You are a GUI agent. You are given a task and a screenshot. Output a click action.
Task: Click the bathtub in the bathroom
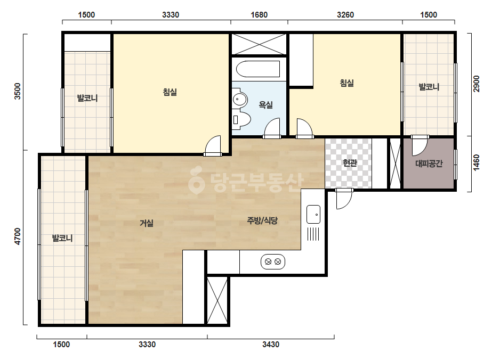point(257,69)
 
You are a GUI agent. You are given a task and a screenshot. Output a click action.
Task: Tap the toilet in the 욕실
point(241,120)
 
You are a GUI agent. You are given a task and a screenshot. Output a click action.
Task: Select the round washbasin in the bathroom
point(240,99)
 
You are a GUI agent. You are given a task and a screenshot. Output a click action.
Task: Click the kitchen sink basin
point(313,214)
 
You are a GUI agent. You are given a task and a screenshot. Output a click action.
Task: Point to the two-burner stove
point(273,261)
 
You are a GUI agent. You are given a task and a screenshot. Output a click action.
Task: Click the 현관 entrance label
point(350,163)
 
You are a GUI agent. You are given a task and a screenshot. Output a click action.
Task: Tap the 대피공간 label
point(429,163)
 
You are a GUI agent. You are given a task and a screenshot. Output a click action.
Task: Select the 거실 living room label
point(147,223)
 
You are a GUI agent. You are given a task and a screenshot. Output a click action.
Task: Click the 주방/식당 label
point(262,221)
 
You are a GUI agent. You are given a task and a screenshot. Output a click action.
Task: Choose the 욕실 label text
point(265,105)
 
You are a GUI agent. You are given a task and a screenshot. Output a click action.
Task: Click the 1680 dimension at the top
point(259,15)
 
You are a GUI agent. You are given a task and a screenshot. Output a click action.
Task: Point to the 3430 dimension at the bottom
point(270,345)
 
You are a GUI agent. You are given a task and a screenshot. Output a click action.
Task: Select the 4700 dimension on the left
point(17,237)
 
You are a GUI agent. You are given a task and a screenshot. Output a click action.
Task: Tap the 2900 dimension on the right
point(477,84)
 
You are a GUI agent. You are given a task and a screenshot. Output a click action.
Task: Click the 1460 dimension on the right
point(477,163)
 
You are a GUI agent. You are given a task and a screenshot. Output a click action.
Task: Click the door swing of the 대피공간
point(420,145)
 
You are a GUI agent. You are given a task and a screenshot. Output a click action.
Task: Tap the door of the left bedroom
point(213,146)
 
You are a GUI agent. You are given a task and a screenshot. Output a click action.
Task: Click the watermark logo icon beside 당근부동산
point(196,181)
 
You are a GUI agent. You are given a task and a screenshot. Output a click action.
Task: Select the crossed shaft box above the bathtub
point(259,44)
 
